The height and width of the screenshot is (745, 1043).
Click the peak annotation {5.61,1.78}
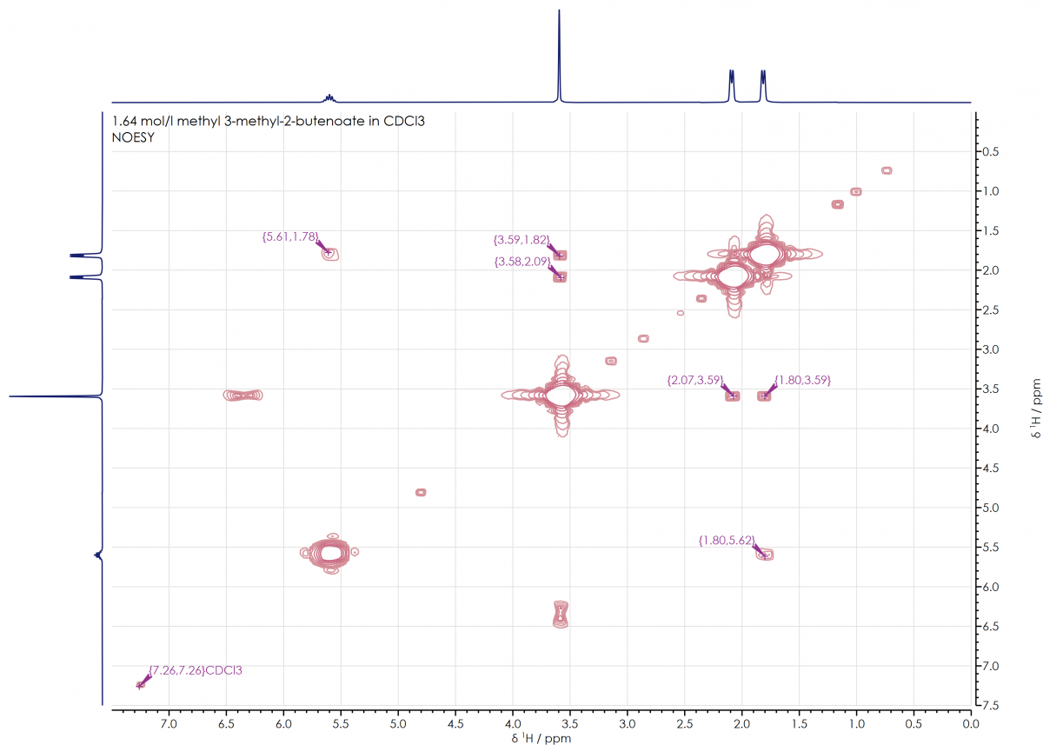point(290,236)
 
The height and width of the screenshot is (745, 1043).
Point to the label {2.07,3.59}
point(694,380)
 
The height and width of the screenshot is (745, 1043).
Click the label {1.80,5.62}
point(727,541)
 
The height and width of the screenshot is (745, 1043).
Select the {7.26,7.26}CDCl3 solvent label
point(196,670)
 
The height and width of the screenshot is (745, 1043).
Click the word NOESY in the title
point(133,136)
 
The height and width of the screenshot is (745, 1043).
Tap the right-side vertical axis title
point(1033,409)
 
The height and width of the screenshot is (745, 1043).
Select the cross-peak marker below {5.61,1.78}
point(329,253)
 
